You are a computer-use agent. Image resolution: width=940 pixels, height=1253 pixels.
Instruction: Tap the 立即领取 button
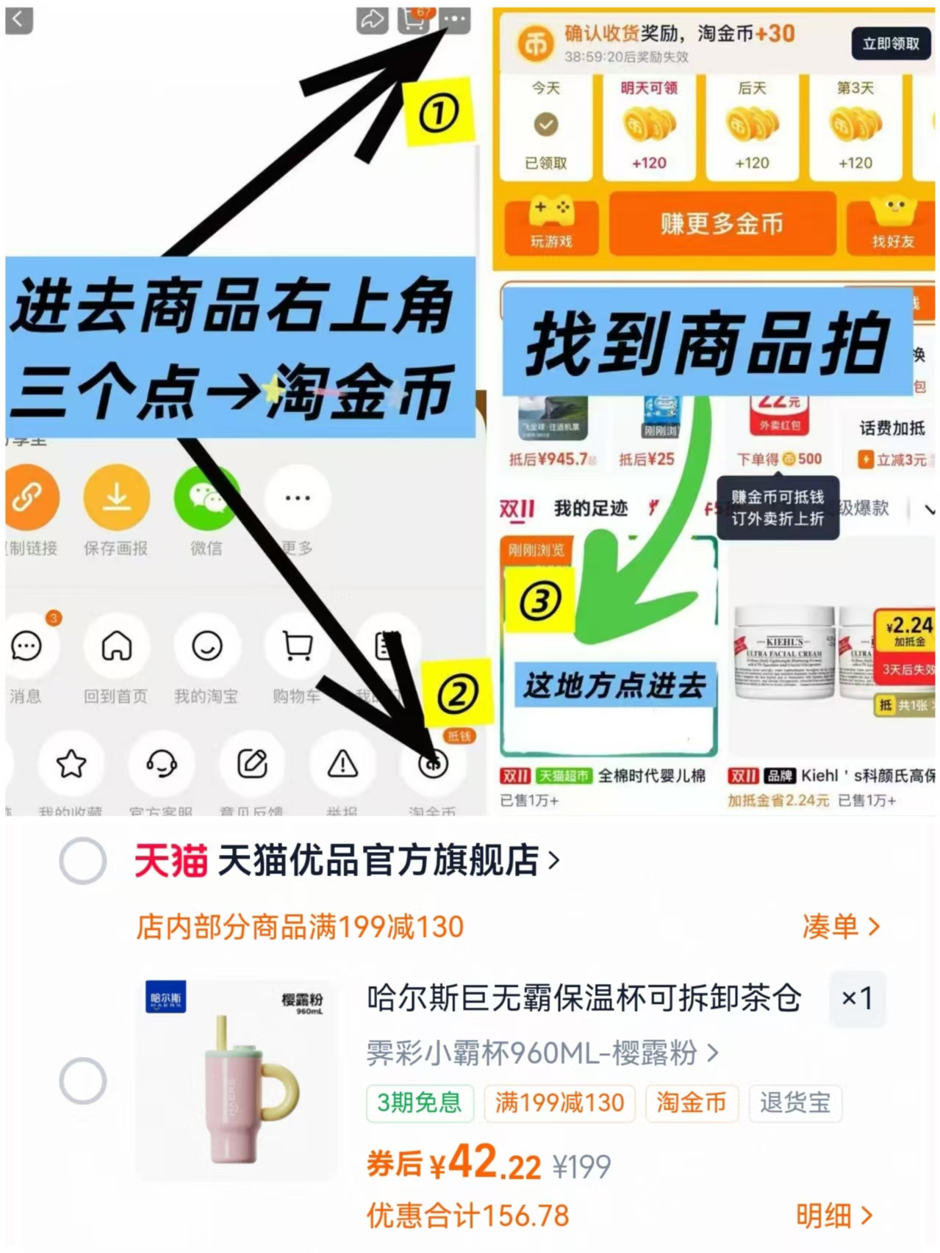click(x=890, y=44)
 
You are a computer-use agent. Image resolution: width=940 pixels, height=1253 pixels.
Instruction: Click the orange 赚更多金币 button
click(x=722, y=224)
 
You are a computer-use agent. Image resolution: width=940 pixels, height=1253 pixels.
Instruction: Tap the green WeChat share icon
click(x=207, y=498)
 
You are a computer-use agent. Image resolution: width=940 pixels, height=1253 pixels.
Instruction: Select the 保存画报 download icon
click(x=116, y=498)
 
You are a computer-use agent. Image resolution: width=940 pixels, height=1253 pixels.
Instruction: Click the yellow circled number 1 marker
click(x=439, y=113)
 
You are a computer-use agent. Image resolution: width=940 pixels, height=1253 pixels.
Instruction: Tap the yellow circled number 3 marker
click(x=540, y=602)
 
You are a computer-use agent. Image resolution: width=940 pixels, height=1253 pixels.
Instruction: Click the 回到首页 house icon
click(x=116, y=646)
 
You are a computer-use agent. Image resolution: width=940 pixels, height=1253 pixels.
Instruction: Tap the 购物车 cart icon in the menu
click(x=297, y=646)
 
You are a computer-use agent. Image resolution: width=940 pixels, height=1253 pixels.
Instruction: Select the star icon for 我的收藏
click(x=71, y=764)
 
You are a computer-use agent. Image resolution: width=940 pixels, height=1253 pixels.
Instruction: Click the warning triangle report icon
click(x=342, y=764)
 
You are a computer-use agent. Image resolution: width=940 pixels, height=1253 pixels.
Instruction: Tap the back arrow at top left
click(x=19, y=20)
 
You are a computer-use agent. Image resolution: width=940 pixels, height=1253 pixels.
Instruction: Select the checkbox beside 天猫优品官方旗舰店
click(x=83, y=861)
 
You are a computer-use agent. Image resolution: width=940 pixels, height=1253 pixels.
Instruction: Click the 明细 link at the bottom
click(x=834, y=1216)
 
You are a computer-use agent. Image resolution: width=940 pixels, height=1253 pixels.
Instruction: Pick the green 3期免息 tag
click(x=419, y=1102)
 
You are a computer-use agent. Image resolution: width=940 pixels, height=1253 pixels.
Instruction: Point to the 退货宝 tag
click(x=794, y=1102)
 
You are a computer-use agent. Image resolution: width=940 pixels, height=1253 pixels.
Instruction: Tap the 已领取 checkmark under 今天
click(x=545, y=125)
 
